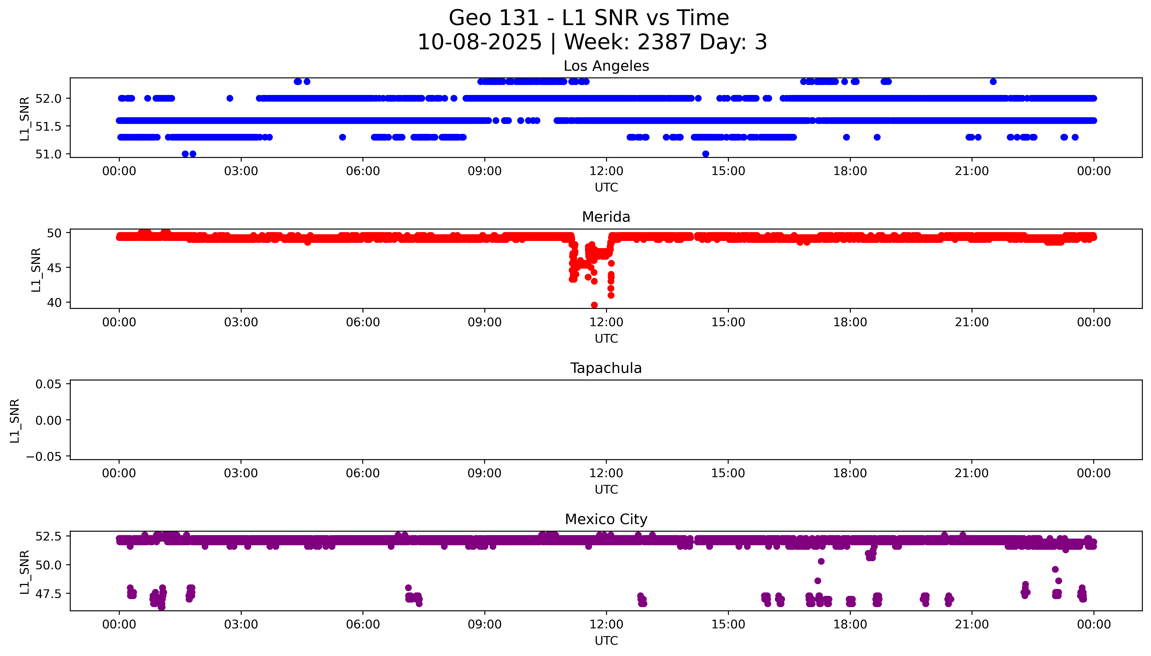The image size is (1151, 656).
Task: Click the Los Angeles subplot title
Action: [x=606, y=66]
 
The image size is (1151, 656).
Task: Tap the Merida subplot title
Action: [x=606, y=217]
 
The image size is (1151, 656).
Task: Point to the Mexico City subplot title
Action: [x=606, y=520]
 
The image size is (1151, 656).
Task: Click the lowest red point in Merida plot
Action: [x=594, y=305]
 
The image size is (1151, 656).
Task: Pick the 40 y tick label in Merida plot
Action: [x=54, y=302]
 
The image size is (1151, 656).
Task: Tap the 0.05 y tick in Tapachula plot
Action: [x=49, y=384]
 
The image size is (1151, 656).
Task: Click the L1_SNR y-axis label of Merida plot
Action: [x=36, y=269]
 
